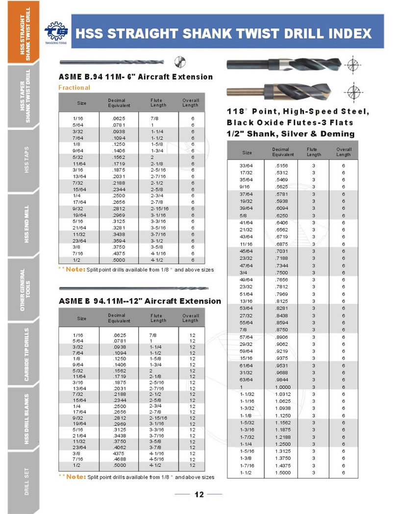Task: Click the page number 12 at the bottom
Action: (x=199, y=494)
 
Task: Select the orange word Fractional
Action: (x=74, y=88)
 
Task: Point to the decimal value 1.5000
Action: (x=283, y=473)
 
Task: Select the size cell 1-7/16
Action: (x=247, y=466)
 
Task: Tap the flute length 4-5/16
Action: (x=157, y=459)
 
